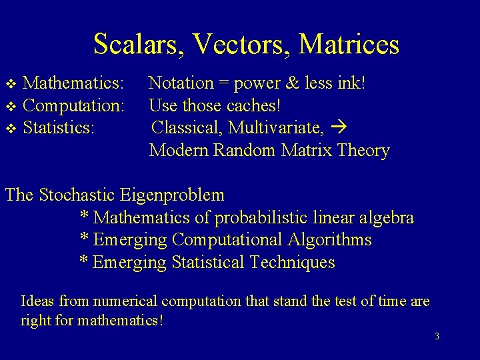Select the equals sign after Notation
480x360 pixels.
(x=223, y=84)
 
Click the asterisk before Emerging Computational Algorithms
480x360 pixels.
(x=85, y=238)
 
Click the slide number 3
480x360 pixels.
(x=437, y=337)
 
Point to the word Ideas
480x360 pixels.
(x=37, y=301)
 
